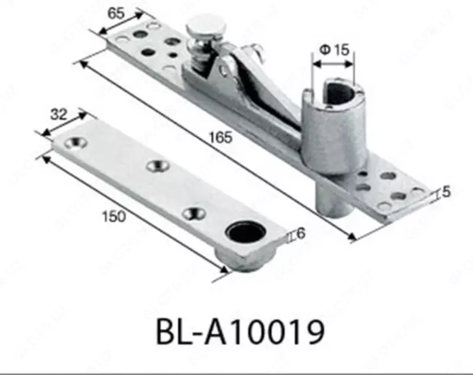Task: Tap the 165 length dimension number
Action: [220, 138]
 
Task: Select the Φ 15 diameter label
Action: [334, 50]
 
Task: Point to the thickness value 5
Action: [446, 191]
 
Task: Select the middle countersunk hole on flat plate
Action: [157, 166]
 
